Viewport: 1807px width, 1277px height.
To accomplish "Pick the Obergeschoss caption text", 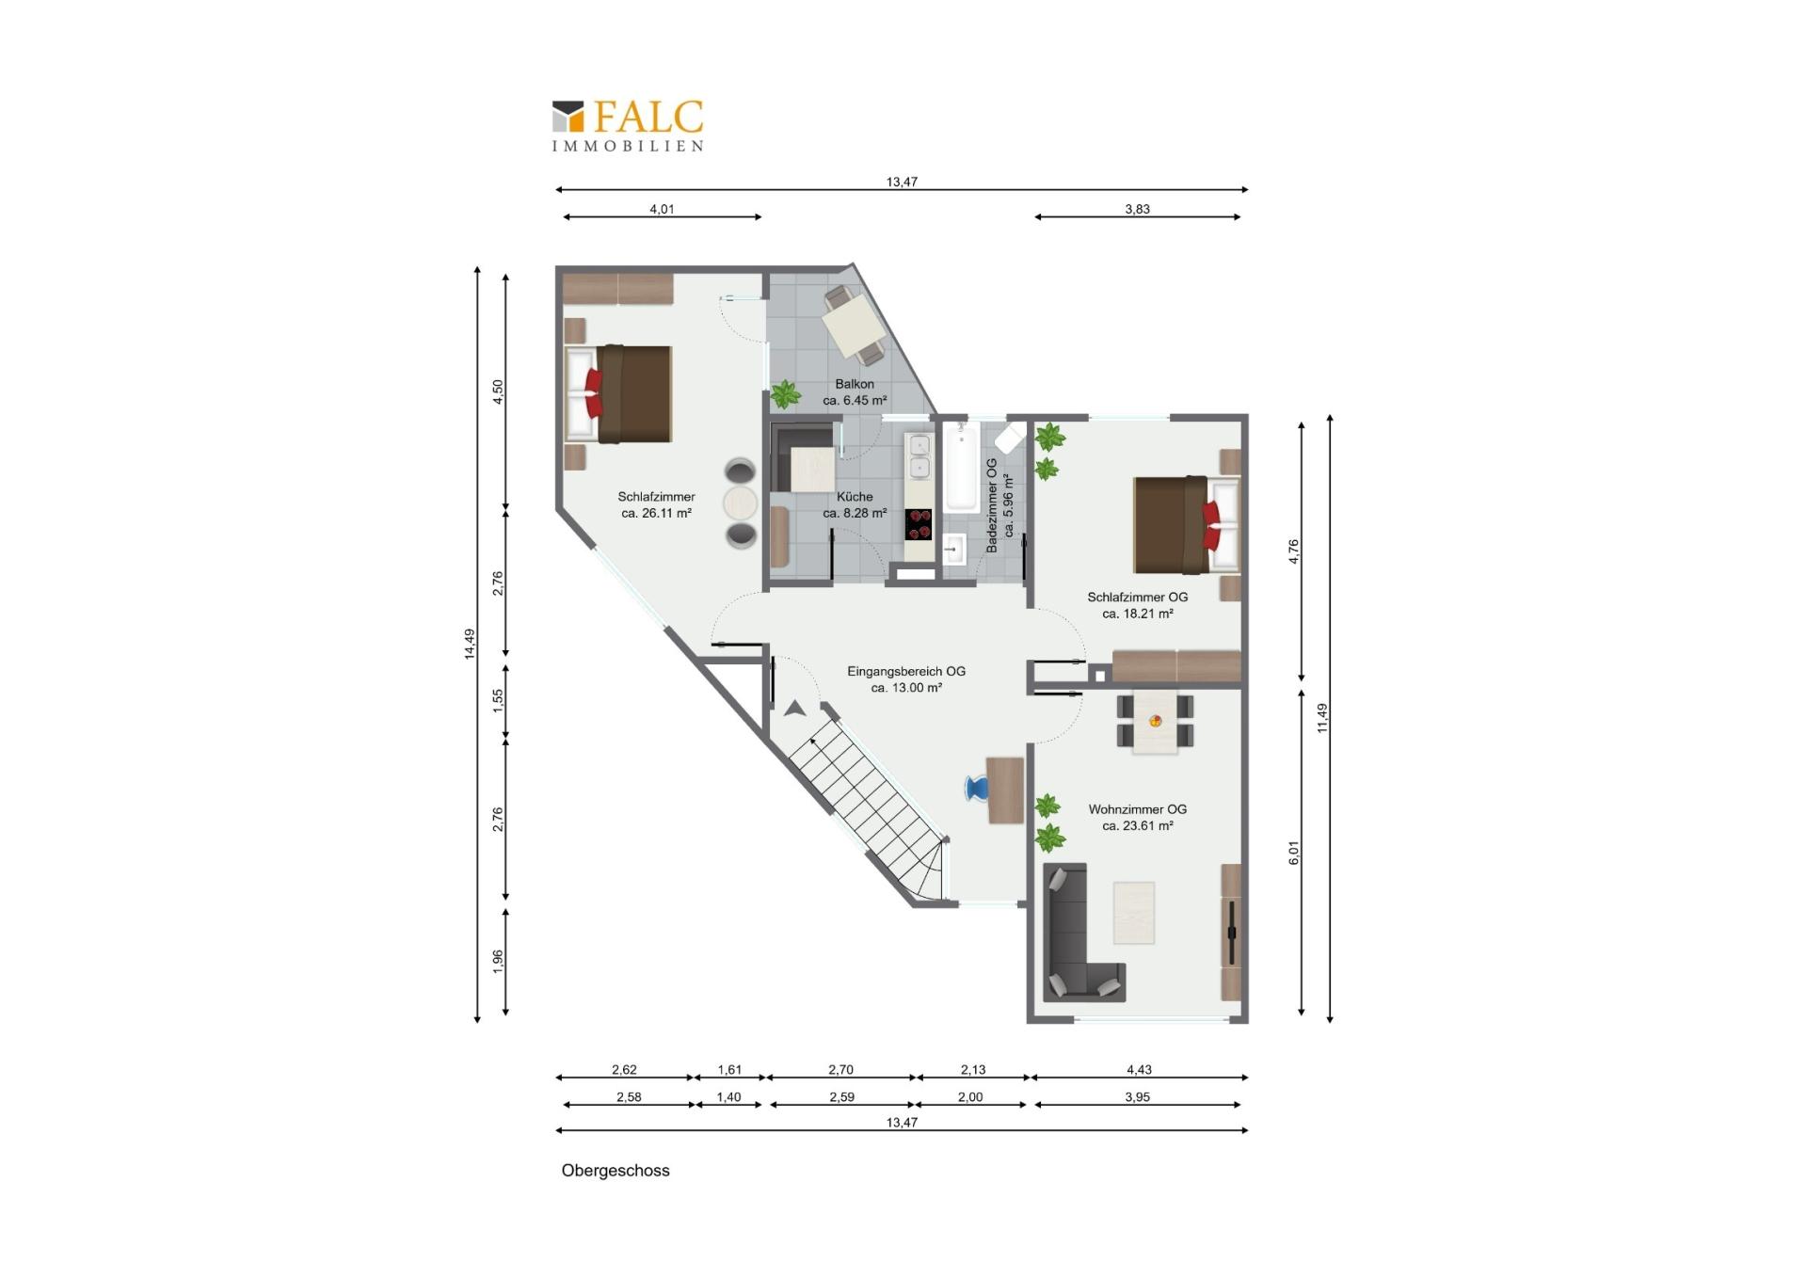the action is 616,1171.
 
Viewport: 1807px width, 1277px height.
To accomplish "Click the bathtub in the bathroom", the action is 961,467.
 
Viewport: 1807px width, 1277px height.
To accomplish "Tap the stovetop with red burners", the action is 919,524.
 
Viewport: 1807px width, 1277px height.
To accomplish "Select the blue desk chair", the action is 976,788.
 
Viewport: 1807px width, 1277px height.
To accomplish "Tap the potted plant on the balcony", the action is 785,393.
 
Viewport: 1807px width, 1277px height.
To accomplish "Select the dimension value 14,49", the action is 470,644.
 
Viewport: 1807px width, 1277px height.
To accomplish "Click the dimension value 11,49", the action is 1322,718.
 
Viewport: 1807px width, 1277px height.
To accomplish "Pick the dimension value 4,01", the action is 662,209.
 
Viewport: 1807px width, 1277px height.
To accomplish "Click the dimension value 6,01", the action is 1294,853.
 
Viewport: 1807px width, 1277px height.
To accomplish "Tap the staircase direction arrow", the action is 795,709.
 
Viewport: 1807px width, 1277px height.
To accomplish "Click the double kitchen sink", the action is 919,456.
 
